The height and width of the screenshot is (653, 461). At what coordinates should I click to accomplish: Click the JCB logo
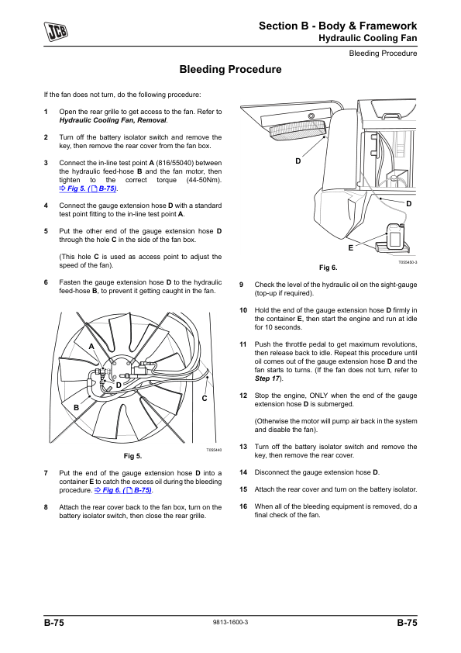coord(56,31)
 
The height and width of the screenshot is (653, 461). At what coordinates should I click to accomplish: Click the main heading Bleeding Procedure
coord(230,69)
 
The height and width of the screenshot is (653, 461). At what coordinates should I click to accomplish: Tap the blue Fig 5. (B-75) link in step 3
coord(88,188)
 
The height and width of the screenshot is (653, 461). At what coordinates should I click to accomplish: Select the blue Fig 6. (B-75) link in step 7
coord(123,490)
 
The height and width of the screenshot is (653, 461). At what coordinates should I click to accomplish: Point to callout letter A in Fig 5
coord(91,347)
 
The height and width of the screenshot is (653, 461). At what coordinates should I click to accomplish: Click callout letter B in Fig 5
coord(76,407)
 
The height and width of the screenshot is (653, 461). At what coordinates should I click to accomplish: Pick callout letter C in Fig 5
coord(205,399)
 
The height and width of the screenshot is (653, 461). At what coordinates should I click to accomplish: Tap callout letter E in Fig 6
coord(351,248)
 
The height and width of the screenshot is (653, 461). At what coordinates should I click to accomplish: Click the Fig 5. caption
coord(132,456)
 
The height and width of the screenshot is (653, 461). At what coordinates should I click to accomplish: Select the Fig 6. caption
coord(329,268)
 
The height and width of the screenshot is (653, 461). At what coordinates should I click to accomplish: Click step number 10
coord(243,310)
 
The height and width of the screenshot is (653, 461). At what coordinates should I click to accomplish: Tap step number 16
coord(243,506)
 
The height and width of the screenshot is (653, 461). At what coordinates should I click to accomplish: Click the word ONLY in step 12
coord(318,396)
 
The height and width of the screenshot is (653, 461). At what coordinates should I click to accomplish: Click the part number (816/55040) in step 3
coord(175,163)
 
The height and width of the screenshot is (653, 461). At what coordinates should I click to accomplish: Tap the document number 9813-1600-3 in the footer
coord(230,622)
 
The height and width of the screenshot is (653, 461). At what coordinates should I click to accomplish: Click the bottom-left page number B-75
coord(54,623)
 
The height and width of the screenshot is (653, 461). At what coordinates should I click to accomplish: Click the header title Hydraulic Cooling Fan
coord(368,38)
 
